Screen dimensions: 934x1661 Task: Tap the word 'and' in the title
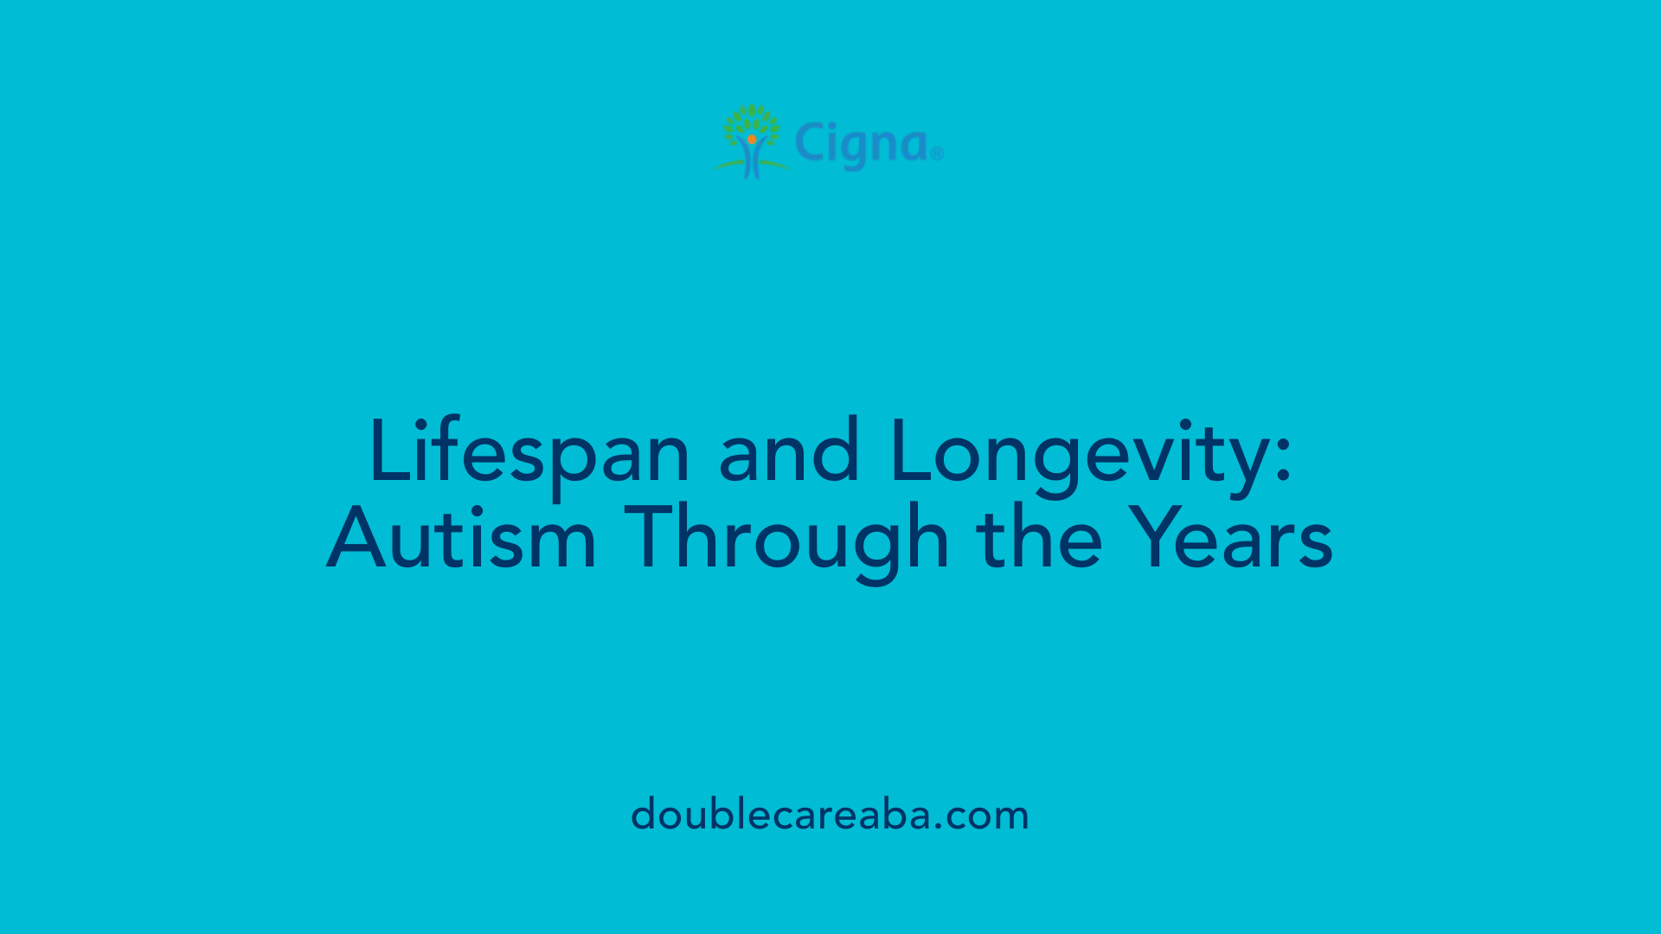789,451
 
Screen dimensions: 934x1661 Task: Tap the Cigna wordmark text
862,144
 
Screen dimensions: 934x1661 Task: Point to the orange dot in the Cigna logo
752,139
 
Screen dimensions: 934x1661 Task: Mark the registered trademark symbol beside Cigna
937,155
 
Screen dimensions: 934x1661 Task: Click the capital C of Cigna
811,143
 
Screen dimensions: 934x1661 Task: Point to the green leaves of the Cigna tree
752,121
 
